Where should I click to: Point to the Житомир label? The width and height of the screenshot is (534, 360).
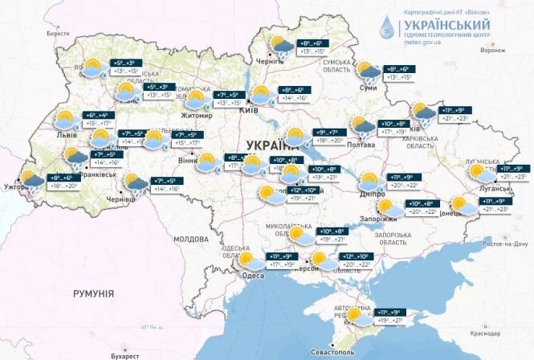198,116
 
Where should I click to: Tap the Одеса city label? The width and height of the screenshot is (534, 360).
251,276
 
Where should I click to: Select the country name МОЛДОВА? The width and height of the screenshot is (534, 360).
191,239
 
